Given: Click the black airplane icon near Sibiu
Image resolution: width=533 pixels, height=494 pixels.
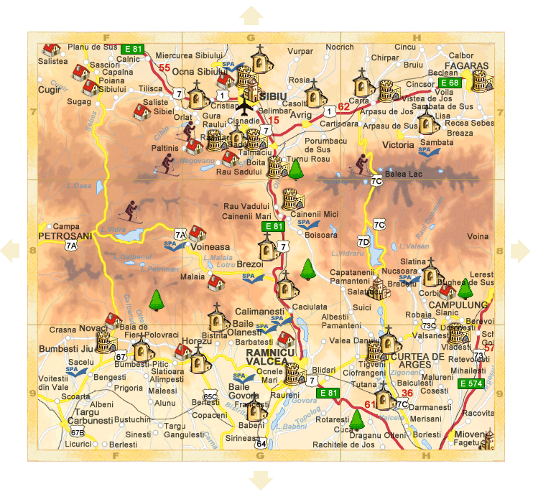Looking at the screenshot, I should (x=245, y=108).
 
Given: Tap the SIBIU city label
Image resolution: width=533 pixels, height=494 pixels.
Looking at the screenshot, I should (x=272, y=95).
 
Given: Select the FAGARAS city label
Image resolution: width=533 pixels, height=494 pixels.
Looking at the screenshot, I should (x=470, y=65).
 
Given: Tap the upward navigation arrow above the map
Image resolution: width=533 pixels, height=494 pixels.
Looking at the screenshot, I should (x=251, y=15).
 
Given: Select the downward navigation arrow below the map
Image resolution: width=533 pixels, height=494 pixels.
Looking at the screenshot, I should (x=259, y=479).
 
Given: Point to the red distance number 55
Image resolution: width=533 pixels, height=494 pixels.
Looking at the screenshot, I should (x=164, y=68).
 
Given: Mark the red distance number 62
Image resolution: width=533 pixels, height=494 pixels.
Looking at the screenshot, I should (x=343, y=107).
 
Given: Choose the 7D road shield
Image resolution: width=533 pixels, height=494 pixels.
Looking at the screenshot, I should (x=363, y=241).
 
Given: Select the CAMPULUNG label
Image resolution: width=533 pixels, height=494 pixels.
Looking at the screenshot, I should (x=458, y=304).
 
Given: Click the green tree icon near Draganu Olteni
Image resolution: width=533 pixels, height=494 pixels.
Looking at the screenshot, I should (x=357, y=419).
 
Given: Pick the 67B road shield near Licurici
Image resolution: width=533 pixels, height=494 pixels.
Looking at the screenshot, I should (x=77, y=432).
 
